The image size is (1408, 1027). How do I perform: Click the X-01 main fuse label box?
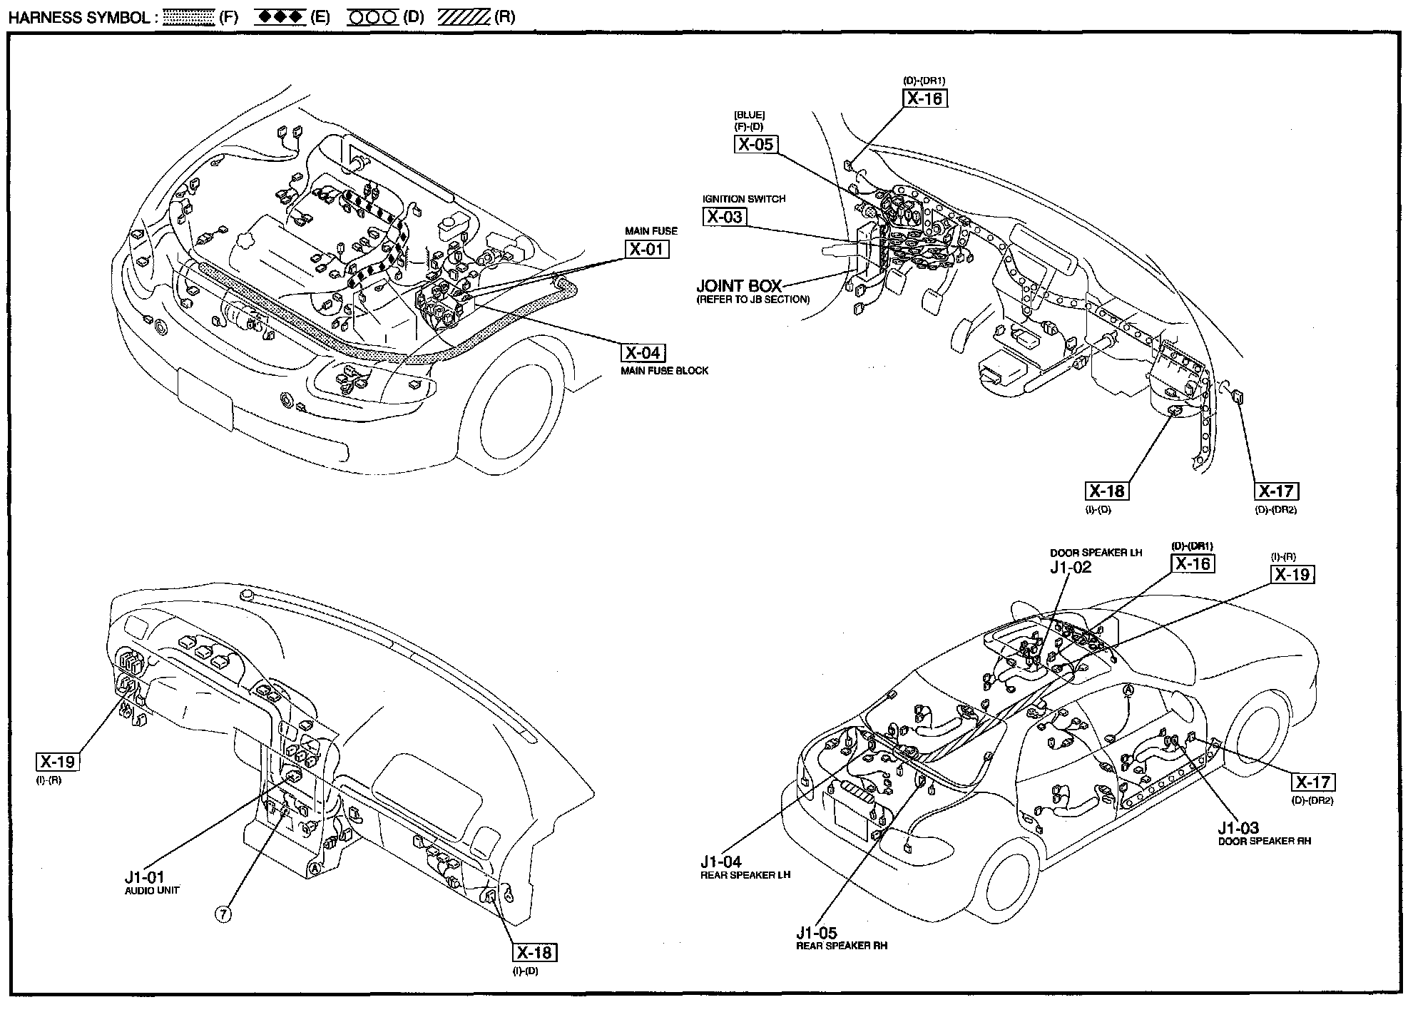click(648, 249)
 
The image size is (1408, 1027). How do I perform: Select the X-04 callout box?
click(643, 353)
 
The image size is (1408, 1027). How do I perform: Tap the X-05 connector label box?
click(755, 144)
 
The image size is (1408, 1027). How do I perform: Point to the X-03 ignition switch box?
click(724, 217)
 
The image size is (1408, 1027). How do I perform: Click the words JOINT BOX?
click(739, 287)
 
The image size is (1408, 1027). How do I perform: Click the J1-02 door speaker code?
click(1070, 568)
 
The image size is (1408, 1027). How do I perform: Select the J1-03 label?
click(1238, 828)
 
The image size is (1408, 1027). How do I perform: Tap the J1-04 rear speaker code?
click(721, 862)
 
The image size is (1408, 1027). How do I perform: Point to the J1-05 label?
click(817, 932)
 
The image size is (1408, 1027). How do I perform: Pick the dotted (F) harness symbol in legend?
click(188, 17)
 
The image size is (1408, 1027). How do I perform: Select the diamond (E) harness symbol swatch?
click(280, 17)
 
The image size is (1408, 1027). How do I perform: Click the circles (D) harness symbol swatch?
click(372, 17)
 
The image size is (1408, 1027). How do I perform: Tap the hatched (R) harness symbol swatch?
click(463, 17)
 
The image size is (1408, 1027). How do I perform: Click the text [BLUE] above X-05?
click(749, 115)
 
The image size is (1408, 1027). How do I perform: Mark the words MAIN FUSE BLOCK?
click(664, 371)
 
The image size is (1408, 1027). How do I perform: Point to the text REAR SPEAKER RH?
click(842, 946)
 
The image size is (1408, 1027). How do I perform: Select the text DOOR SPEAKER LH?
click(1096, 553)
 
